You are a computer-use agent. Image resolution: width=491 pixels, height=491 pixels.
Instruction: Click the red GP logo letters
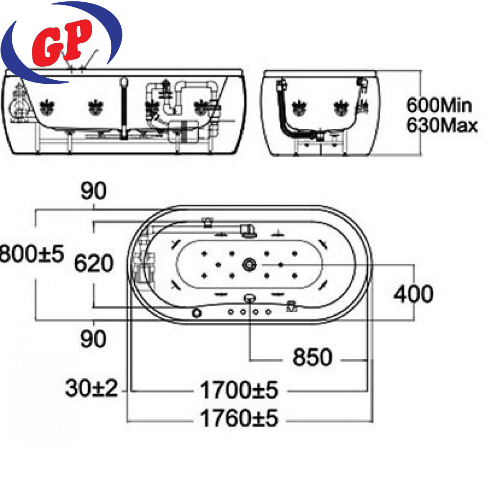[62, 43]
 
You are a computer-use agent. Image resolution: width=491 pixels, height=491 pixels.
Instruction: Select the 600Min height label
[439, 105]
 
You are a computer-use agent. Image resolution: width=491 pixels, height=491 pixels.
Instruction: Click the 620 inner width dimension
[94, 263]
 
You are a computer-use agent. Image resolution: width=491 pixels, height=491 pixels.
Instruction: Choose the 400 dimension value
[414, 294]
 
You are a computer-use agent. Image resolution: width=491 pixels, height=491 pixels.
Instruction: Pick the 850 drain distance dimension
[312, 357]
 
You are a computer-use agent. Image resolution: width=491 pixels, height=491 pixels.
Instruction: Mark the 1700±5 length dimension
[239, 390]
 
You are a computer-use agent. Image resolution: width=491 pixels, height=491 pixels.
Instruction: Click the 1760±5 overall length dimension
[239, 418]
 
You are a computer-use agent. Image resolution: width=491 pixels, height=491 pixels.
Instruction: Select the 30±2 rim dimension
[91, 388]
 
